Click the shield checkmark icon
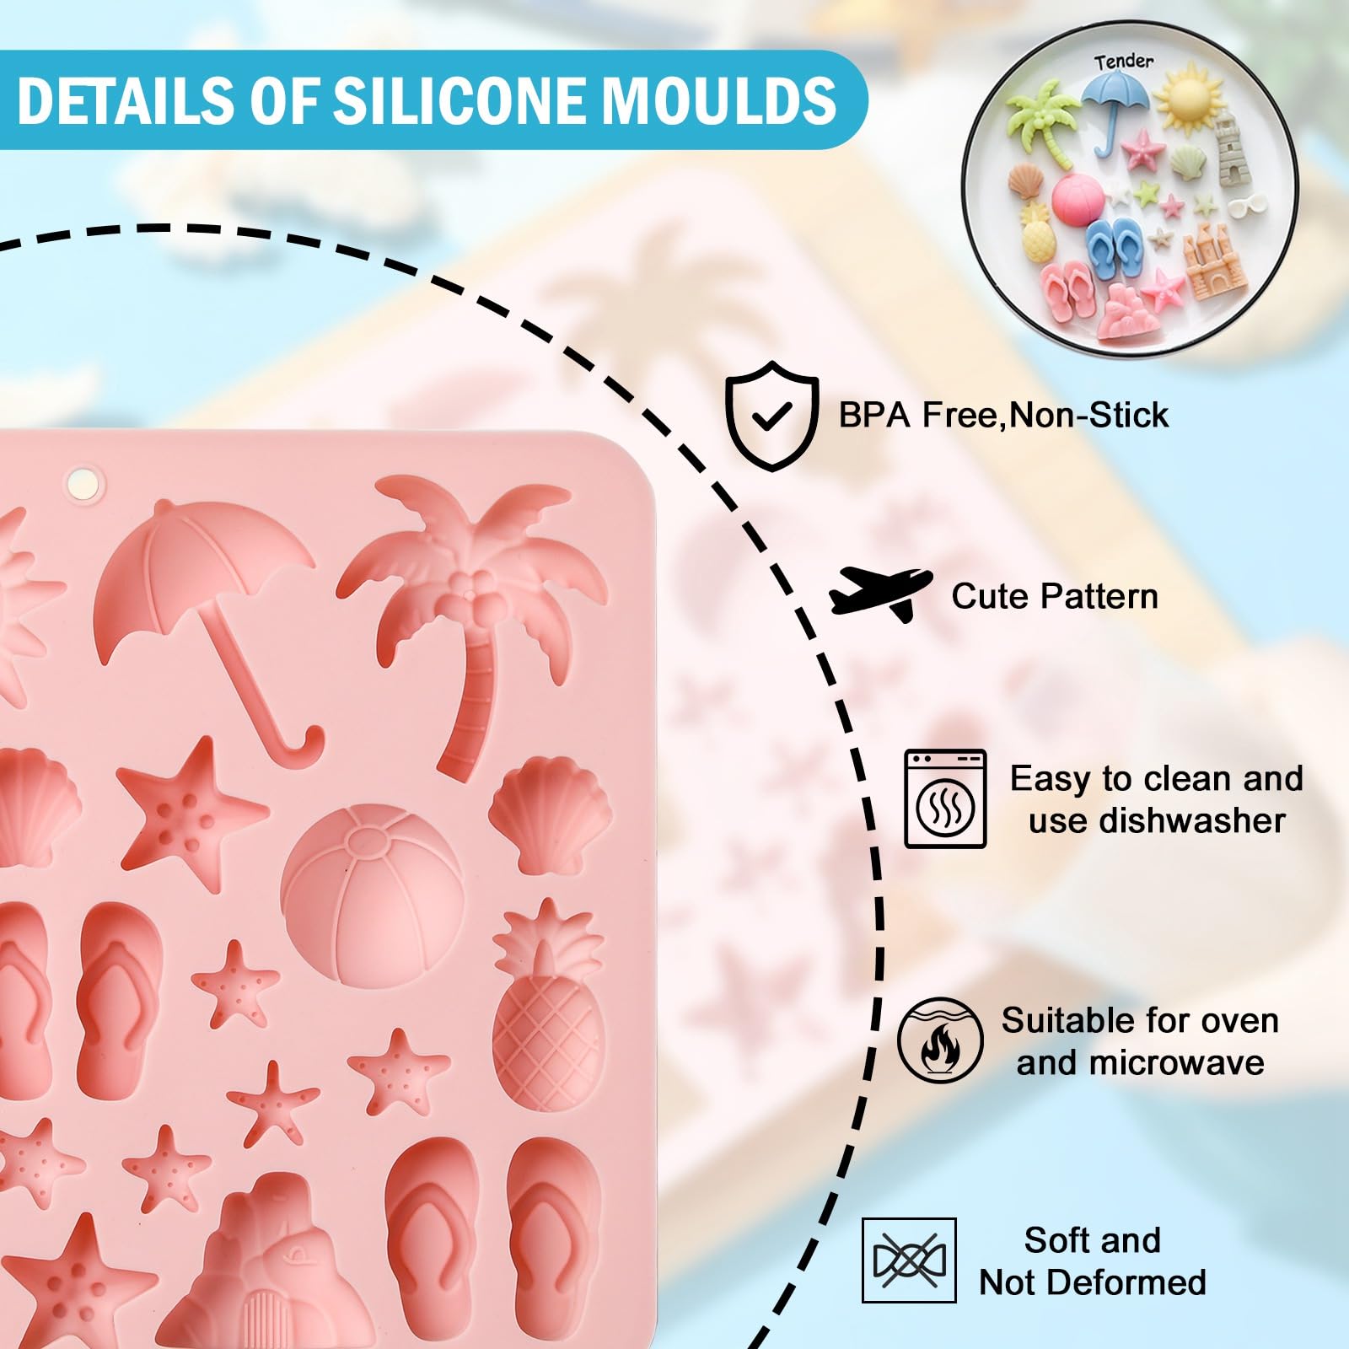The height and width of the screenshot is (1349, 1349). [771, 415]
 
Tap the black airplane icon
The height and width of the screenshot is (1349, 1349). [881, 594]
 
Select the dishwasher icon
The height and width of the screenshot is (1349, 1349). [945, 798]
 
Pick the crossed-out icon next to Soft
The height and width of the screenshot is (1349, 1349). [909, 1260]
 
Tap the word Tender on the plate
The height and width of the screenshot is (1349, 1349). [1124, 62]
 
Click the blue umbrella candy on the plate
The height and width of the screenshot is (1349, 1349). [1115, 110]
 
